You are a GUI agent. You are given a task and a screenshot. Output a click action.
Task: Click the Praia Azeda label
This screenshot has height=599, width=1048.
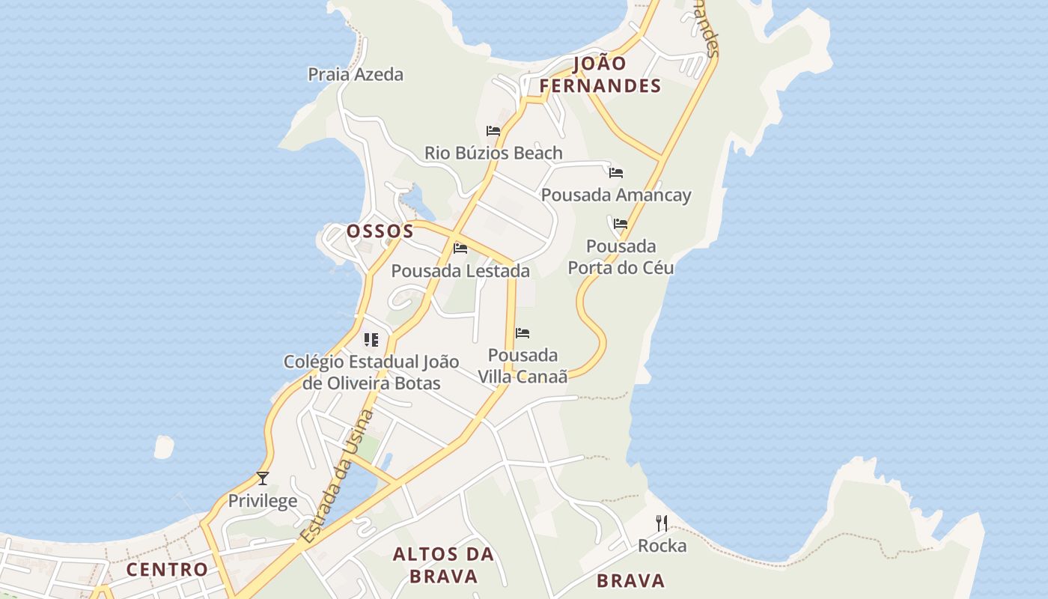point(356,74)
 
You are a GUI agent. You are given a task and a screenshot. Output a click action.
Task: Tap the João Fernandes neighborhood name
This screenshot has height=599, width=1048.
point(600,75)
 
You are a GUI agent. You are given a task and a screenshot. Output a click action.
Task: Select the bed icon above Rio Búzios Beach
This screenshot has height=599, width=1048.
point(493,130)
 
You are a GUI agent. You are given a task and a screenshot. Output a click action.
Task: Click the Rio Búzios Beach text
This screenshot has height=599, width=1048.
point(493,153)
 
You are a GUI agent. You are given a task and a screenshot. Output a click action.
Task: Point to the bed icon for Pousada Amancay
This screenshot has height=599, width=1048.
point(616,172)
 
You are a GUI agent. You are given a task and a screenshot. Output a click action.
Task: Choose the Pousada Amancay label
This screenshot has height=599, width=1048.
point(616,195)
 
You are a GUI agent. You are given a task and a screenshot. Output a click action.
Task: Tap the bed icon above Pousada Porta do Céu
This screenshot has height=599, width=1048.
point(621,223)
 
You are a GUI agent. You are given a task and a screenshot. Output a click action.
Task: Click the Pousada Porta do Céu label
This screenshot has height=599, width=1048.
point(621,257)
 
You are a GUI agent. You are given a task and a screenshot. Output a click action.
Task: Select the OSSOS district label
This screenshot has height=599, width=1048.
point(380,231)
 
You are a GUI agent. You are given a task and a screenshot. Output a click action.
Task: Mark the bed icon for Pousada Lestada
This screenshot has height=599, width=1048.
point(460,248)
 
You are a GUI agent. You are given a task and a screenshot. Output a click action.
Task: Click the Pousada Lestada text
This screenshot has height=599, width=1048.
point(460,270)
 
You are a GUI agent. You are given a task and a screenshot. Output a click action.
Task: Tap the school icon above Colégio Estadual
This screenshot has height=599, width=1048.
point(371,340)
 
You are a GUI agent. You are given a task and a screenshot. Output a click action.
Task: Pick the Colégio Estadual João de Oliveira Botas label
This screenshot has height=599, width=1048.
point(371,372)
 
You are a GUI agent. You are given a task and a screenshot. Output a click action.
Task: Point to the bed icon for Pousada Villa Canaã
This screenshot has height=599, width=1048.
point(523,332)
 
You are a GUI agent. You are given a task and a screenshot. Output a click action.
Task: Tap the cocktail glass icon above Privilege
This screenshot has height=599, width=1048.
point(263,478)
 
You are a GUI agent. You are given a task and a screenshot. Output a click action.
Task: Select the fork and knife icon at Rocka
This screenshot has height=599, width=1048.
point(662,523)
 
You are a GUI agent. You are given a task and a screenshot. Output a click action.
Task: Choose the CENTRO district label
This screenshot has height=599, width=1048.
point(167,569)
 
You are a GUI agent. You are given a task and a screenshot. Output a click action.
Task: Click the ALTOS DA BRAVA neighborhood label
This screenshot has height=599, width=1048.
point(444,565)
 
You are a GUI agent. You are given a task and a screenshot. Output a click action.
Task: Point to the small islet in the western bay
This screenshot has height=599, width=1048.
point(164,447)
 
